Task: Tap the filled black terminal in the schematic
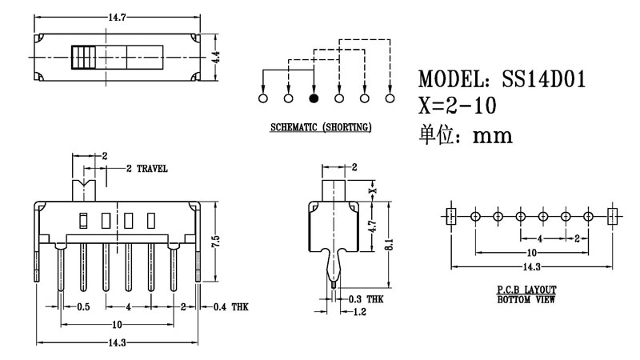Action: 314,98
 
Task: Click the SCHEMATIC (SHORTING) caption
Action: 319,128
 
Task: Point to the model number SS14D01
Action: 543,80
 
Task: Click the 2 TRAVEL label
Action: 147,169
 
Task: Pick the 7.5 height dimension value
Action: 214,241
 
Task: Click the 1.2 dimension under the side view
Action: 361,312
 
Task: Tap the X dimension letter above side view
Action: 370,190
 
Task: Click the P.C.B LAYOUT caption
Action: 526,290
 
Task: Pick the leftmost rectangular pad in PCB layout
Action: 450,216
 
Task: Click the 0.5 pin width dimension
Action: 82,306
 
